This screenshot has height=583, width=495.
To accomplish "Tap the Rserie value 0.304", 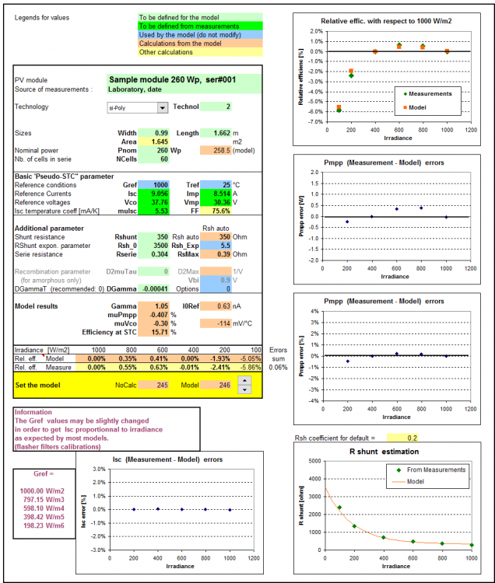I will point(155,253).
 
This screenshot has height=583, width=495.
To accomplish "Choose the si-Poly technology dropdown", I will point(135,107).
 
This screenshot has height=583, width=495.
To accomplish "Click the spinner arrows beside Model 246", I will point(244,384).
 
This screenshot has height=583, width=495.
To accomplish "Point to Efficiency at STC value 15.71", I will point(155,332).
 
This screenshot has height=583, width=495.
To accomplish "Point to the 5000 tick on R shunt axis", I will point(314,461).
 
